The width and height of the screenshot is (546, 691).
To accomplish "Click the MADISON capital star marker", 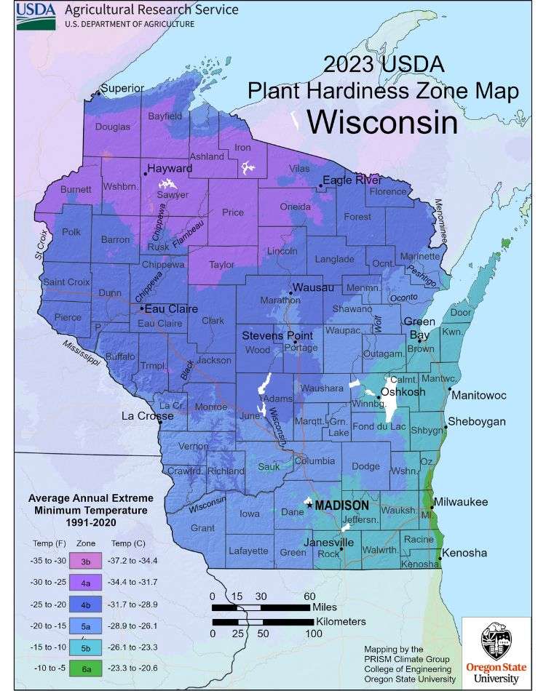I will coord(309,504).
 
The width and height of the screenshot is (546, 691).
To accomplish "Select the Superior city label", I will coord(123,89).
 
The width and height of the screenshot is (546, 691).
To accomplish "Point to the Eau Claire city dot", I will coord(142,308).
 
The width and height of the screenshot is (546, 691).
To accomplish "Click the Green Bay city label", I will coord(419,328).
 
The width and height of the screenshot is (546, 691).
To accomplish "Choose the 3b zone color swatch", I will coord(86,562).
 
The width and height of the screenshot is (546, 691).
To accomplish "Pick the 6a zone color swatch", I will coord(86,667).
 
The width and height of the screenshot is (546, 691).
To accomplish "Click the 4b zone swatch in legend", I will coord(86,604).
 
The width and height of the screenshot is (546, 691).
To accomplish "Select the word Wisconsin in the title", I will coord(382,121).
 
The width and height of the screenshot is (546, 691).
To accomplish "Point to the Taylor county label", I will coord(222,265).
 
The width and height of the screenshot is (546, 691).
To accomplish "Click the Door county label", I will coord(460,313).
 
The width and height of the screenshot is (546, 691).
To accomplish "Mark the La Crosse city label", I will coord(147,416).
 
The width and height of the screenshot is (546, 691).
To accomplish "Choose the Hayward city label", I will coord(170,169).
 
